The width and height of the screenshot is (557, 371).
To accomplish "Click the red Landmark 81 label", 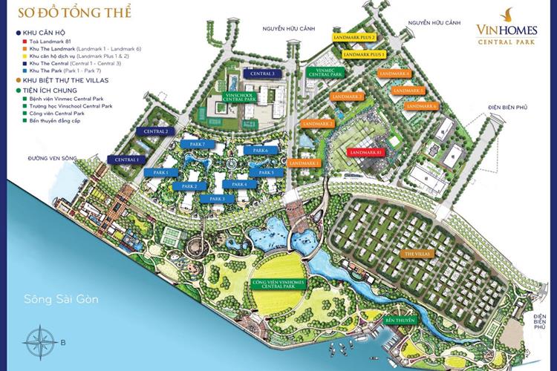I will pos(365,152).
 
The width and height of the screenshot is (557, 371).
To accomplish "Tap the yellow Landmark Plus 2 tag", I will pos(359,37).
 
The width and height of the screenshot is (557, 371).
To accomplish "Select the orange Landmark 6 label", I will pos(420,106).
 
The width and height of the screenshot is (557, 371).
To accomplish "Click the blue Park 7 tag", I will pos(198,144).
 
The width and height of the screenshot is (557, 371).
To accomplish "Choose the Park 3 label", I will pos(218,199).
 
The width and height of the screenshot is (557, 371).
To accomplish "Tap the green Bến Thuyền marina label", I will pos(399,321).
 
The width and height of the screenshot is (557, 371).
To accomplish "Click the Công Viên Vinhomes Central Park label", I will pos(279,286).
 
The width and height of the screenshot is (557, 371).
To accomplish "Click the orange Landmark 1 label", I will pos(304,162).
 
